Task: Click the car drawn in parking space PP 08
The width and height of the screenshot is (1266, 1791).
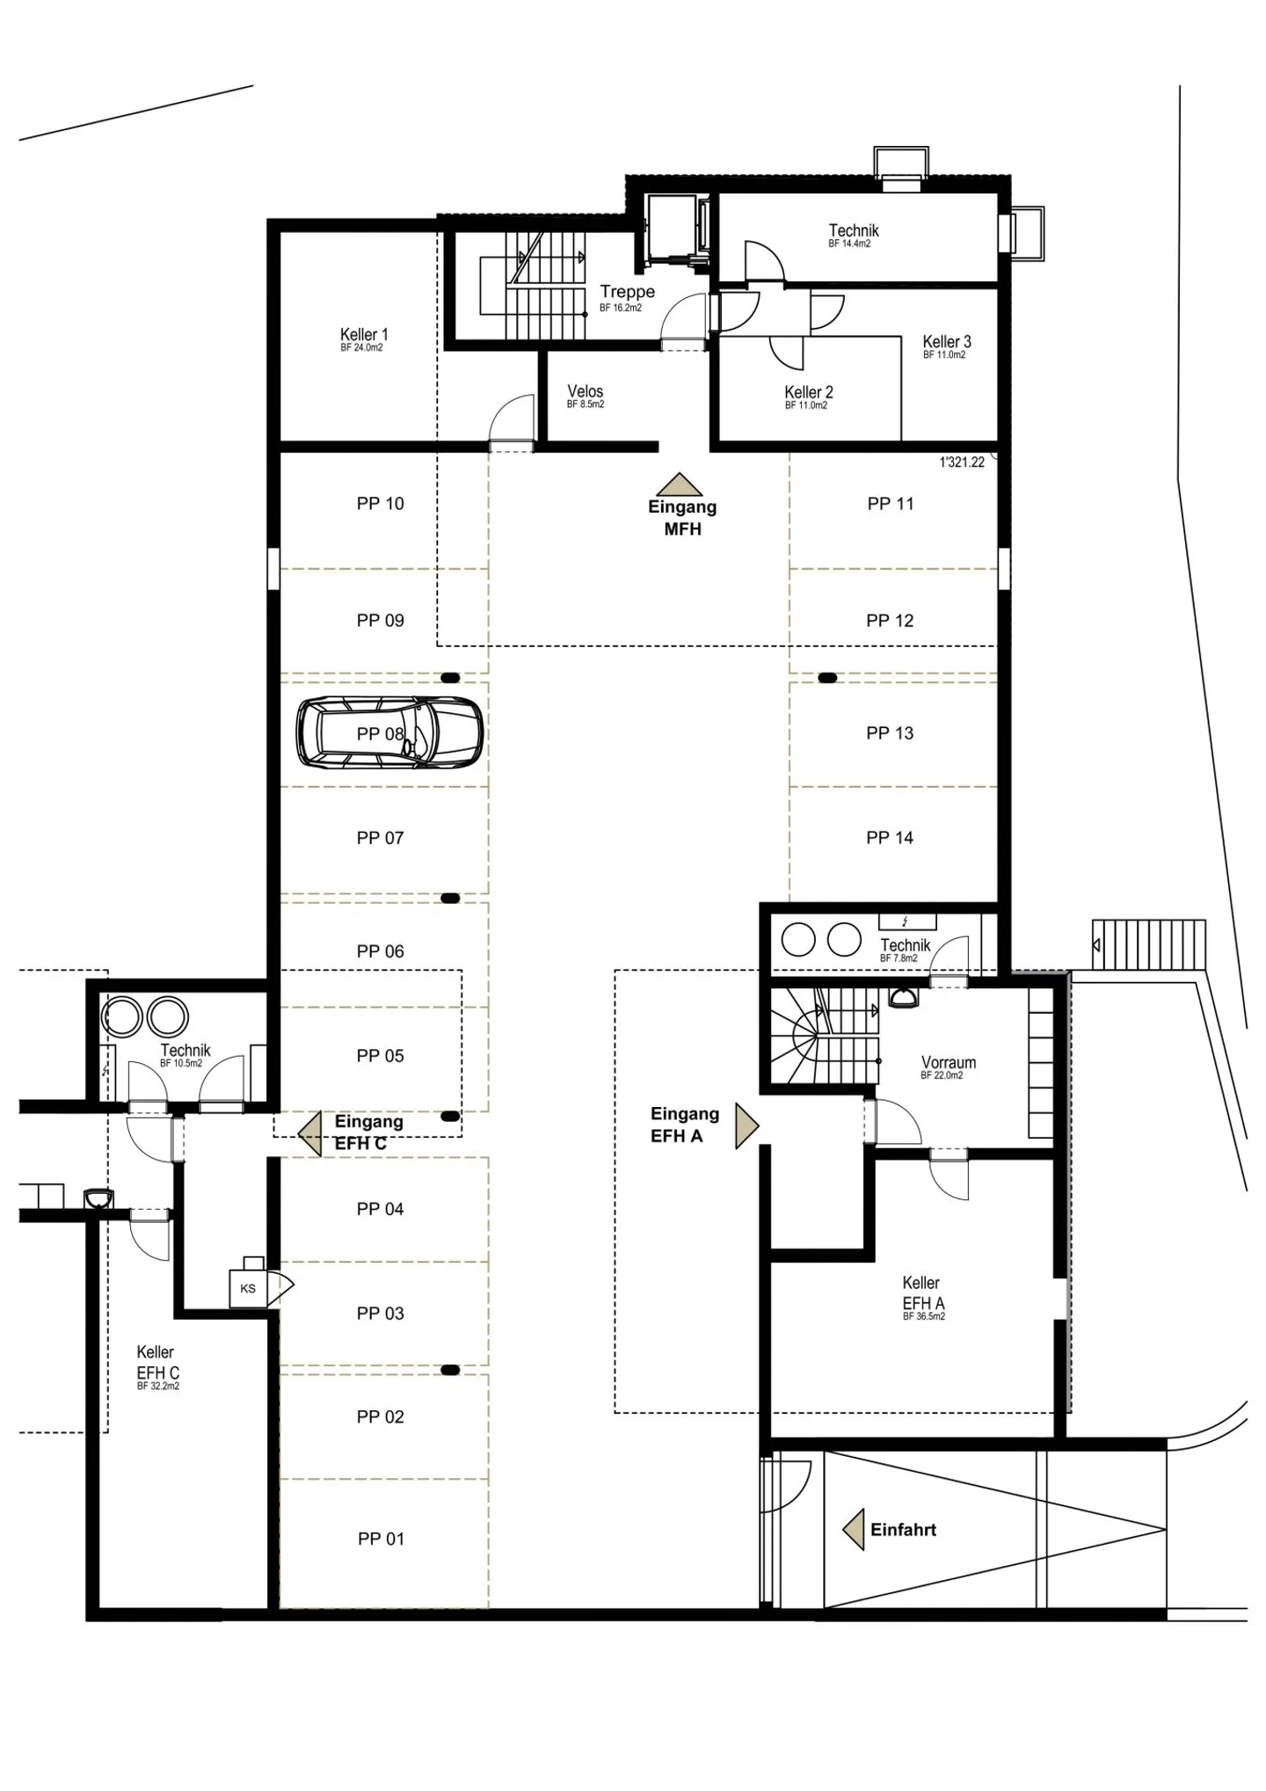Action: point(389,732)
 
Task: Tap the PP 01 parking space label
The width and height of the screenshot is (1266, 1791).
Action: point(381,1539)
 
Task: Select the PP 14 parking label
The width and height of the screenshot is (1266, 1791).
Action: point(890,838)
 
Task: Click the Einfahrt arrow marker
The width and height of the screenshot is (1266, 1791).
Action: point(853,1531)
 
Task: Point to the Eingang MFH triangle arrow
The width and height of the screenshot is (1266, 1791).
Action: point(679,484)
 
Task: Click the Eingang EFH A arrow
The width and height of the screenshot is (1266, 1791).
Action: point(746,1126)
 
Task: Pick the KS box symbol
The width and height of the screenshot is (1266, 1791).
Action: point(248,1289)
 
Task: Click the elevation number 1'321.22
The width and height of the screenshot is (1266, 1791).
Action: point(962,462)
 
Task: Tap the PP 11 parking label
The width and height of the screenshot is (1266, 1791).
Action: point(891,504)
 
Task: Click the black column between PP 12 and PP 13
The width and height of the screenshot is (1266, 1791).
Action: point(827,678)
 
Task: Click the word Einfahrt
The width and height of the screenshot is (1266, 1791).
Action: point(903,1530)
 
